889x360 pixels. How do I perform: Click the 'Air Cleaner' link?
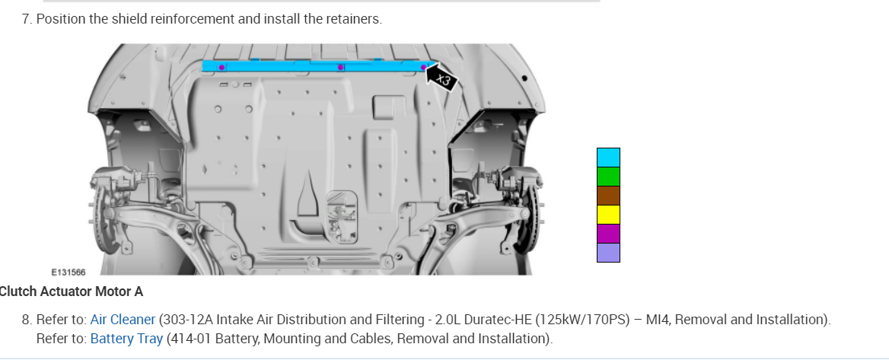click(x=123, y=320)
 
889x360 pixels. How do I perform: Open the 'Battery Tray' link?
click(x=126, y=339)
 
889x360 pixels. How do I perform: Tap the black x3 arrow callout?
click(x=441, y=78)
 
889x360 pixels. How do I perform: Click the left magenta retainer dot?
click(x=221, y=68)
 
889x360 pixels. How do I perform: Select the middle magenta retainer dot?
click(x=340, y=68)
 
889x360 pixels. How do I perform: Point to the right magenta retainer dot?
click(x=423, y=68)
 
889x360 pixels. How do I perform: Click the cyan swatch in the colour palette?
click(x=608, y=158)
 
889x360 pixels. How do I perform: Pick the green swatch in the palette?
click(x=608, y=177)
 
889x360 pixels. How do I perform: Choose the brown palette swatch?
click(x=608, y=196)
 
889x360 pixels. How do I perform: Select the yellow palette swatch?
click(x=608, y=215)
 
